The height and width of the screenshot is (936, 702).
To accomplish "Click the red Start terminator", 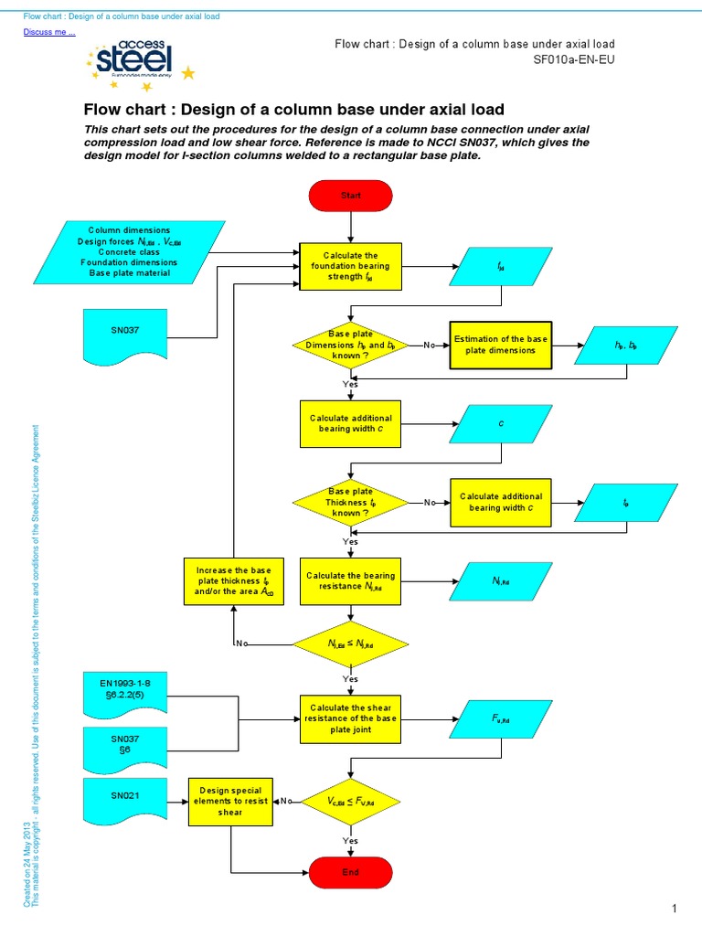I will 351,196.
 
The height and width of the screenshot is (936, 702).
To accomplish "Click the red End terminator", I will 351,873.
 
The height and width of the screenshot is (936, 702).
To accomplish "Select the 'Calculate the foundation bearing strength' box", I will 351,265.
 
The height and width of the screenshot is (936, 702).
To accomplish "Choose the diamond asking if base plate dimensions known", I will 351,345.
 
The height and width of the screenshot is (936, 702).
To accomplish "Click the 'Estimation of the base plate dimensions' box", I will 501,345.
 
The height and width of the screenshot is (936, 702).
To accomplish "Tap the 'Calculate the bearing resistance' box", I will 351,581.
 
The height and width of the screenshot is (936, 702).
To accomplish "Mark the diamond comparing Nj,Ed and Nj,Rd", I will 351,644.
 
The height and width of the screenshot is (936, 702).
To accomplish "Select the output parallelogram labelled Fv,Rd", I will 500,720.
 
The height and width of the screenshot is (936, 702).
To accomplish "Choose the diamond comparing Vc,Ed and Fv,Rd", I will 351,801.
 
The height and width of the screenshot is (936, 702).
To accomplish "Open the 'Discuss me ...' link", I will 48,33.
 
